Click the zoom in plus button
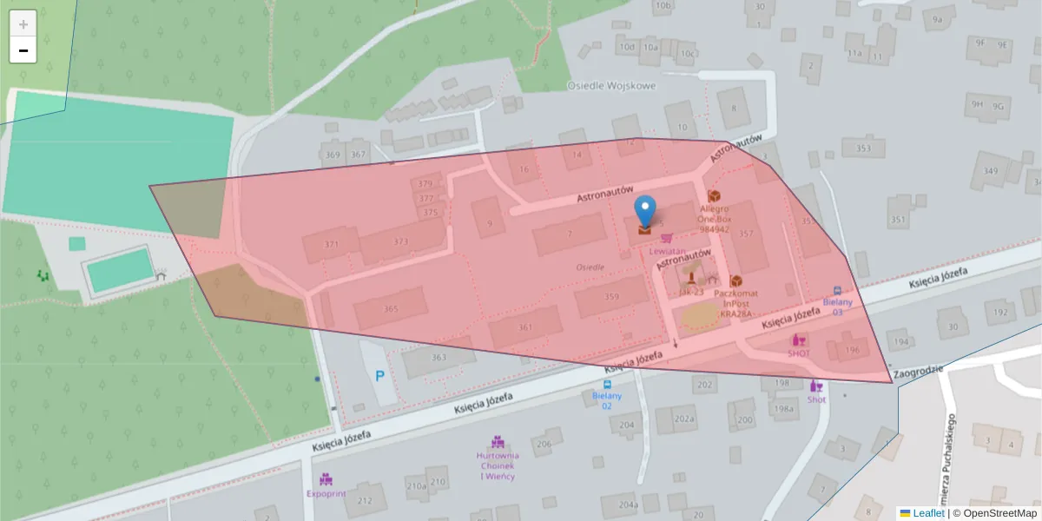pos(23,23)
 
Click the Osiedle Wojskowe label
pos(611,86)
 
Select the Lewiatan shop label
pos(668,250)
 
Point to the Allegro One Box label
pos(714,219)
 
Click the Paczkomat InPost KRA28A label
pos(733,303)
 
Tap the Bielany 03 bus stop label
pos(837,307)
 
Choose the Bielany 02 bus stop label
pos(607,400)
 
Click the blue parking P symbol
pos(380,377)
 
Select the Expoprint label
pos(326,492)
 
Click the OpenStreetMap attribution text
pos(999,513)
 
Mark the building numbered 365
pos(391,309)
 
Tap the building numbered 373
pos(400,241)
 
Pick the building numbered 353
pos(863,148)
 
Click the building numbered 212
pos(365,500)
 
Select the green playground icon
pos(43,276)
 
